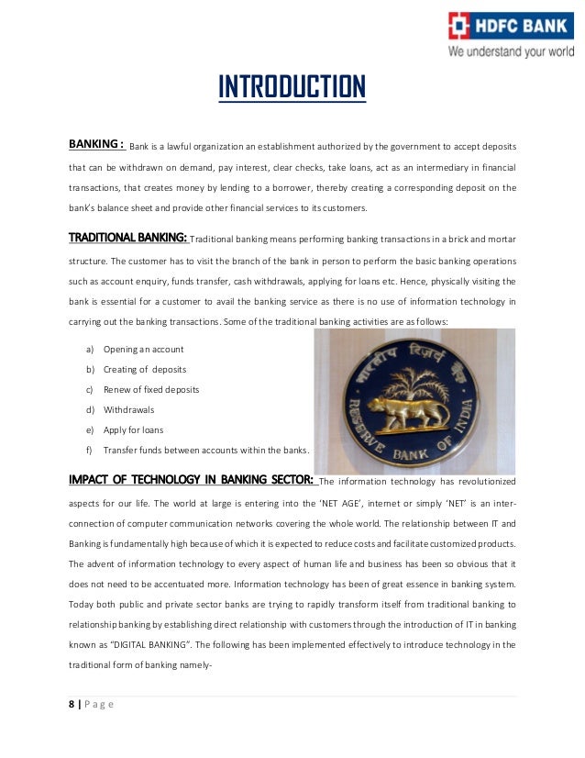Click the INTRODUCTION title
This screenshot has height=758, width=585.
click(x=292, y=88)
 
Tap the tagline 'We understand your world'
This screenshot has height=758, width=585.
click(x=510, y=51)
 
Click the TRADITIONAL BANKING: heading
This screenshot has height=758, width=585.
click(x=128, y=239)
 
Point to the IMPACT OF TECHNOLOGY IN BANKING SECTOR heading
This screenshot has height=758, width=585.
click(x=192, y=479)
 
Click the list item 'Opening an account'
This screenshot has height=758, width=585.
click(x=143, y=350)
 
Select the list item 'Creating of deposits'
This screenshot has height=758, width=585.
click(x=145, y=370)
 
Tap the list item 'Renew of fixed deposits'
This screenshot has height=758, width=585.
click(x=150, y=390)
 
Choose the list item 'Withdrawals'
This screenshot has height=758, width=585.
click(x=128, y=410)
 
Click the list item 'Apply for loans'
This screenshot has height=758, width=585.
click(x=133, y=430)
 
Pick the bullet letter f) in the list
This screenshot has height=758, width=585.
click(x=90, y=451)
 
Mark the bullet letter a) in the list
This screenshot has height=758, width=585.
click(x=90, y=350)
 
